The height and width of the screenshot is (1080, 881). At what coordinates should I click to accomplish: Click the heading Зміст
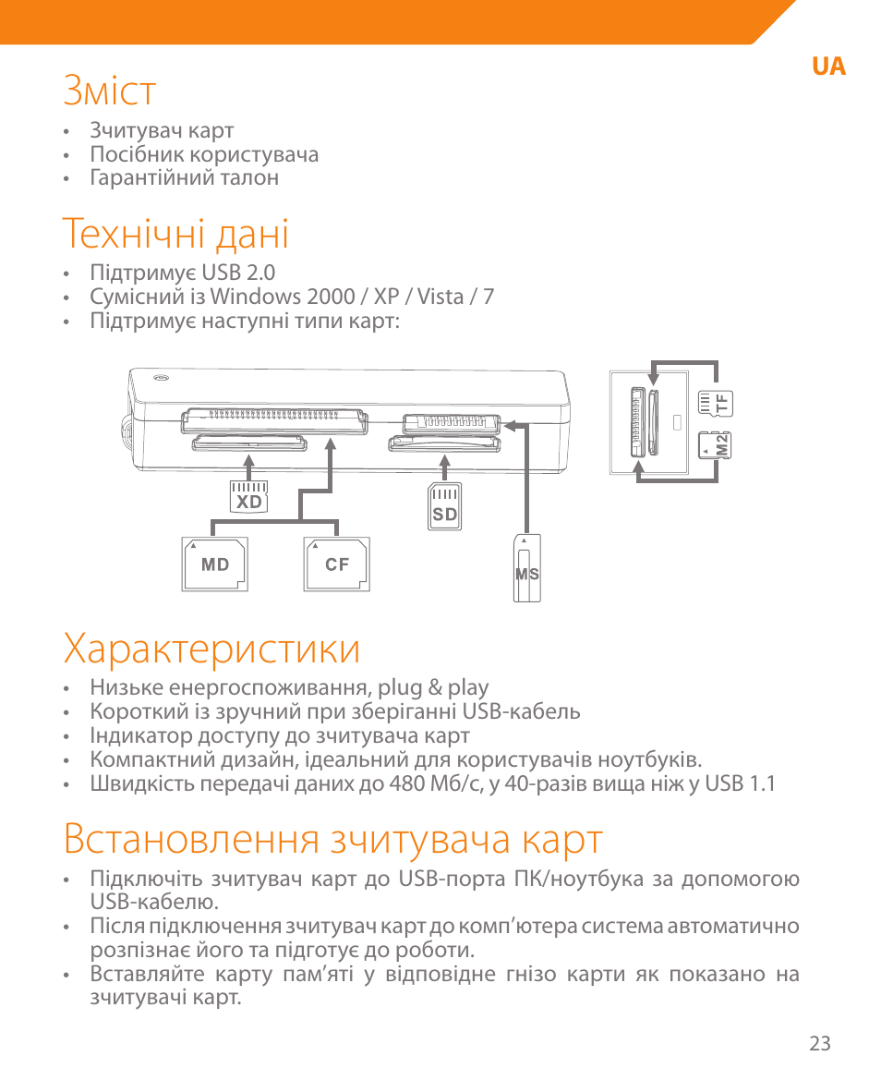(x=110, y=91)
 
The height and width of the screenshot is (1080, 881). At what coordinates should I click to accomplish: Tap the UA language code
(x=828, y=67)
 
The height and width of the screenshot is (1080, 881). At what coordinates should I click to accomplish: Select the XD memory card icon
(x=248, y=497)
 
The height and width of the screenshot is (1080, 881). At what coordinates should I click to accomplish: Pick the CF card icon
(x=337, y=563)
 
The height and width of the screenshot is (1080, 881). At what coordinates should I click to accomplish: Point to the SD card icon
(x=445, y=506)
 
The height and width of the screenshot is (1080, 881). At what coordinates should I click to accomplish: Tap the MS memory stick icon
(x=526, y=569)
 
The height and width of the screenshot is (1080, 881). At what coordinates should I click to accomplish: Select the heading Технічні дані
(x=175, y=234)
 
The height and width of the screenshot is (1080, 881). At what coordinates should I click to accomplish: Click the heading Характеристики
(x=211, y=649)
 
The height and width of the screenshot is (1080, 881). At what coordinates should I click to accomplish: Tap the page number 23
(x=819, y=1043)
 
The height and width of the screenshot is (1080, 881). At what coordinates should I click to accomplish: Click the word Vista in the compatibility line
(x=441, y=297)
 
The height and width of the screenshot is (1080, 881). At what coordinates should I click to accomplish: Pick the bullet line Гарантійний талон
(x=184, y=177)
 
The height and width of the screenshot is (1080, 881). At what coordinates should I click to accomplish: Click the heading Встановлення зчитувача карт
(x=333, y=840)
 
